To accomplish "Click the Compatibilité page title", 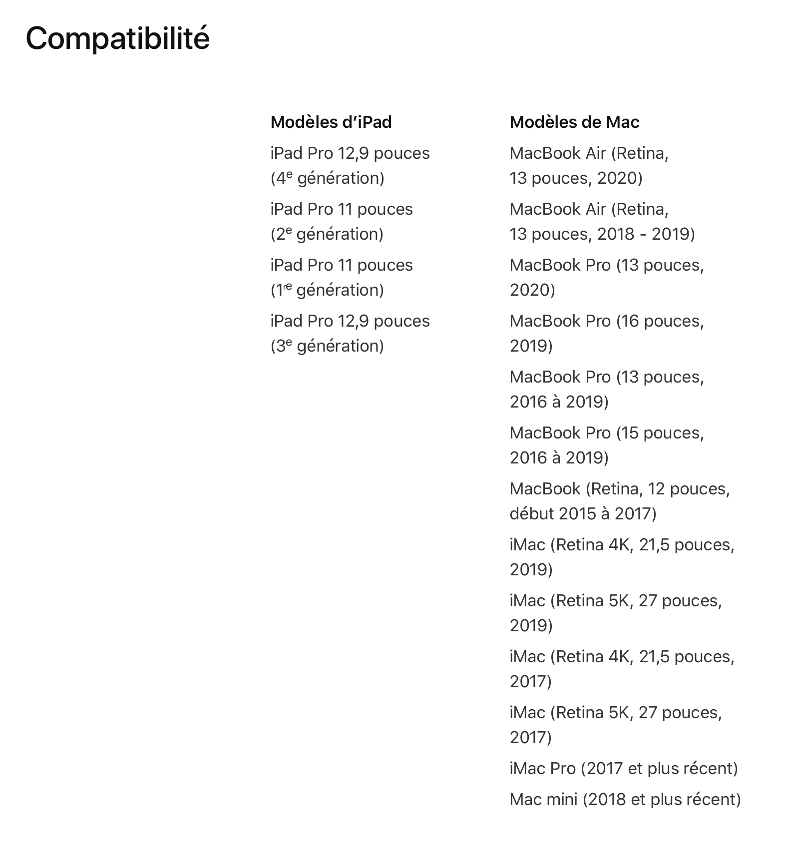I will click(117, 38).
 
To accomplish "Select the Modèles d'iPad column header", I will click(331, 122).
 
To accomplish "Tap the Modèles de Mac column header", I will click(574, 122).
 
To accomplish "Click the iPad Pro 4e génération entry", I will click(350, 165).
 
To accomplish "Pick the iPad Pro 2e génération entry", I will click(342, 221).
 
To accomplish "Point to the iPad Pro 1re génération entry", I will click(342, 277).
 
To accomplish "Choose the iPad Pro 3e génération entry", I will click(350, 333).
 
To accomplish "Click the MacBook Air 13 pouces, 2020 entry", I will click(589, 165).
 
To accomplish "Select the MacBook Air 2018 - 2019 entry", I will click(602, 221).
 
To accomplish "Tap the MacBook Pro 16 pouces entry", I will click(606, 333).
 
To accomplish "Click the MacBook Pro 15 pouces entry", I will click(606, 445).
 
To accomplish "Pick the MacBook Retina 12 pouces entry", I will click(619, 501).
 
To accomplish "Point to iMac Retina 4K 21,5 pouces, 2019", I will click(622, 557).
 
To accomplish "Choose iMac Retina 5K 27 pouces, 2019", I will click(615, 613).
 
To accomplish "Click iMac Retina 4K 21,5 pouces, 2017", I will click(622, 669).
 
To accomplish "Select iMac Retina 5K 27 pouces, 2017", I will click(615, 725).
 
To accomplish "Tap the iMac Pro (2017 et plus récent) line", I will click(624, 769).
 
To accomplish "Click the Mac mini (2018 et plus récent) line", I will click(625, 800).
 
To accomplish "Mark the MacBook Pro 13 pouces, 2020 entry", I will click(606, 277).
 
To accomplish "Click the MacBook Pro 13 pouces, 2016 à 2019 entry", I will click(606, 389).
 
